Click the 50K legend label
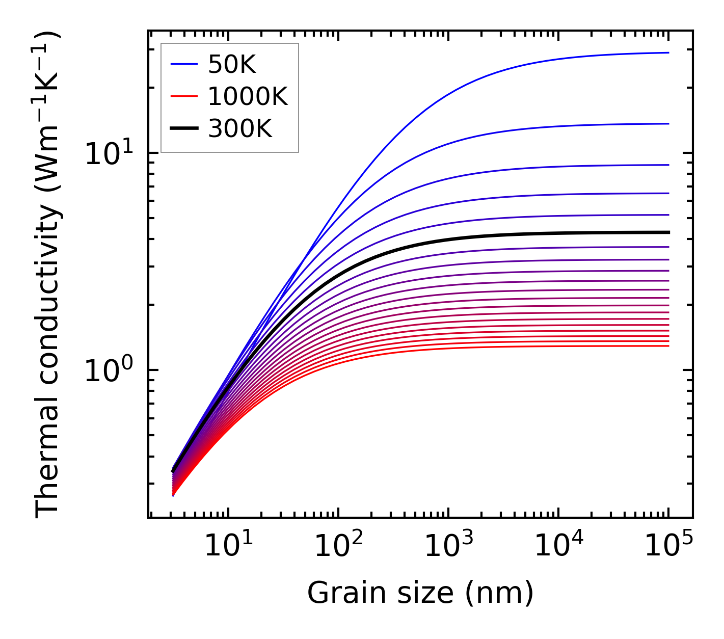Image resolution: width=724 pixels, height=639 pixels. click(232, 64)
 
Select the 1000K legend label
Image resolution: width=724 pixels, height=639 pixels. click(248, 96)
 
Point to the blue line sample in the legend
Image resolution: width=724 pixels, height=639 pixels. click(183, 64)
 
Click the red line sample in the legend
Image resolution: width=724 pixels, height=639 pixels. click(183, 96)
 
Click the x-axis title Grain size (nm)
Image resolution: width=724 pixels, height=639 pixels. click(420, 593)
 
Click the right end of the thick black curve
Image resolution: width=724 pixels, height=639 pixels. click(668, 232)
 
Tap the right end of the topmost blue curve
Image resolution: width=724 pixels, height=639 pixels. click(668, 52)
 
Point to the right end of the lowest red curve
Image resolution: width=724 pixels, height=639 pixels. click(668, 346)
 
